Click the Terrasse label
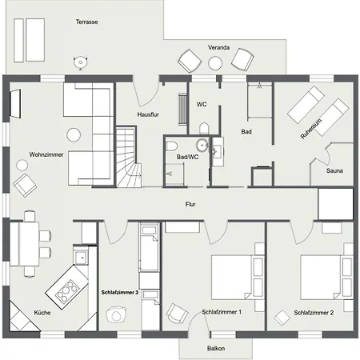[86, 22]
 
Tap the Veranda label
[219, 48]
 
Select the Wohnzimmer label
[46, 154]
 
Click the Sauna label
[335, 170]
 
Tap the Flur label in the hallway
[190, 205]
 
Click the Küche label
[42, 312]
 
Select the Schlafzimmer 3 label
[121, 294]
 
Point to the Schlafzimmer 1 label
[222, 312]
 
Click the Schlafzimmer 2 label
[314, 312]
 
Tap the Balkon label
[215, 349]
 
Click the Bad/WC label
[187, 158]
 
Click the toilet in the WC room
[204, 128]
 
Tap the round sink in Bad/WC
[204, 146]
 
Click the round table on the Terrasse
[80, 61]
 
